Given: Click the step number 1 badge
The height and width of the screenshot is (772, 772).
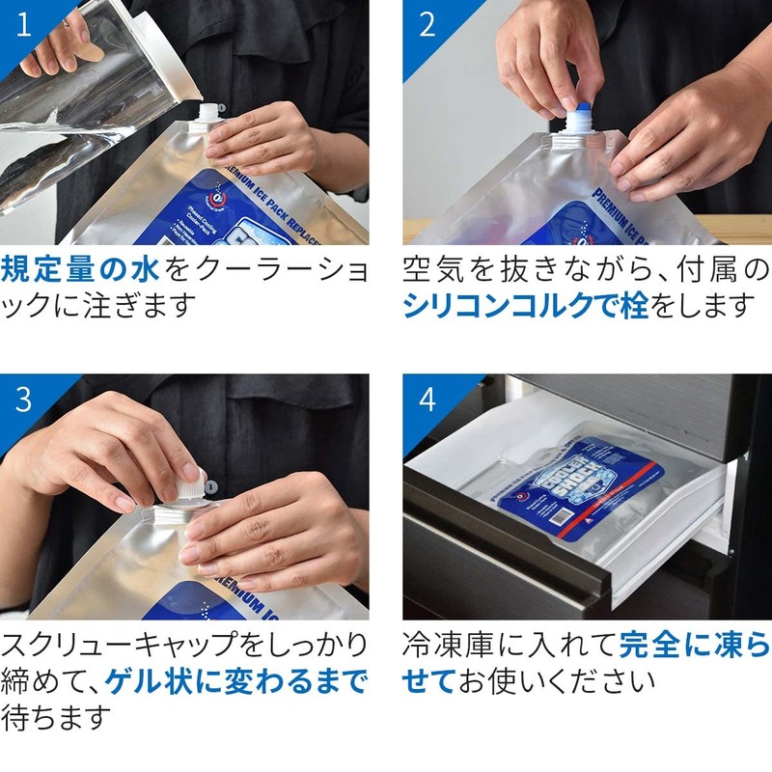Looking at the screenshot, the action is click(23, 25).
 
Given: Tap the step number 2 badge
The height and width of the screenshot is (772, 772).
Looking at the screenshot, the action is click(427, 25).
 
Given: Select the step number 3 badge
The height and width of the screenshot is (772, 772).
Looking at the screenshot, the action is click(23, 399).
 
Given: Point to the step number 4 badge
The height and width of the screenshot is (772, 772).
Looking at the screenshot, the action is click(427, 399).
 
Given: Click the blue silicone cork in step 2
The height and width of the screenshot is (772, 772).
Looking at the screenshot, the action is click(583, 107).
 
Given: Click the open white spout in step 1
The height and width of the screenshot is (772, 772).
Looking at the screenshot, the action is click(208, 117).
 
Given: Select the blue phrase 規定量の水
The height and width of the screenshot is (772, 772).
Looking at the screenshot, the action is click(80, 269).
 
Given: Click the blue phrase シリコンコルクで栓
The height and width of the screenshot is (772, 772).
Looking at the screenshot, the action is click(525, 305).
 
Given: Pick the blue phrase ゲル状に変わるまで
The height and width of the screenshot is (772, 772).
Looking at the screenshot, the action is click(236, 681).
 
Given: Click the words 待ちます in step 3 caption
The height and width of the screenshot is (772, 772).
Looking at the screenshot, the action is click(57, 717).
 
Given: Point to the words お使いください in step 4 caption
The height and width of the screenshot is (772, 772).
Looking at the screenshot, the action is click(557, 681).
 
